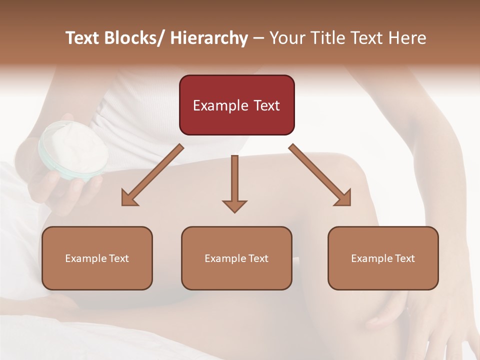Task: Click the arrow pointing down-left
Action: pos(152,175)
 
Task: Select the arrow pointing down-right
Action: pos(320,175)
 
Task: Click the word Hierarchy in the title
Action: pos(209,38)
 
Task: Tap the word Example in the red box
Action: pos(220,106)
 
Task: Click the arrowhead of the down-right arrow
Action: pos(342,197)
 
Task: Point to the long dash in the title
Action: pos(258,38)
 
